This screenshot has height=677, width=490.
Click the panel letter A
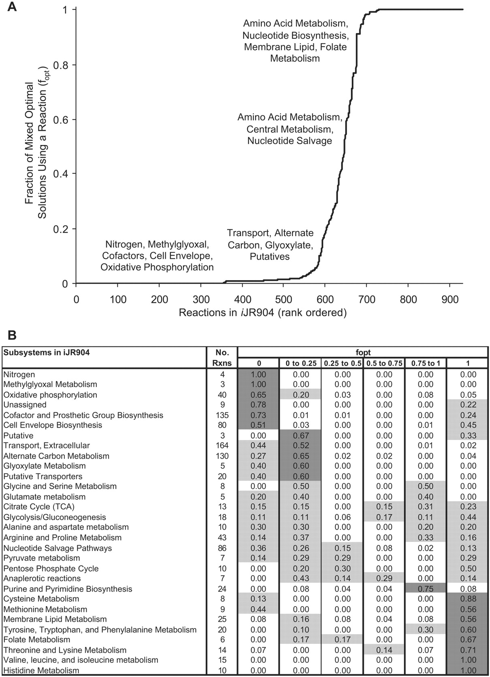(12, 6)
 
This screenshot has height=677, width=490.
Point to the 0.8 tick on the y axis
(74, 65)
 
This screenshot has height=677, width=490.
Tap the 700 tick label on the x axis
(366, 300)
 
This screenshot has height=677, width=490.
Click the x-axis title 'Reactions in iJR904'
(226, 313)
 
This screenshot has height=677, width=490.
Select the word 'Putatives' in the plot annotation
(270, 256)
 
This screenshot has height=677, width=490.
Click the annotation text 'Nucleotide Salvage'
(290, 141)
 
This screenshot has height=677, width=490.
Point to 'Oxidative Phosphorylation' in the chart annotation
(157, 267)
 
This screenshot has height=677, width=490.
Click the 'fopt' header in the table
(363, 352)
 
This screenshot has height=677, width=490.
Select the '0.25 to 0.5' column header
(343, 363)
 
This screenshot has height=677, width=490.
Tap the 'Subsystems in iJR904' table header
(46, 353)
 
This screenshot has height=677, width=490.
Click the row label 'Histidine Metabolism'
(41, 670)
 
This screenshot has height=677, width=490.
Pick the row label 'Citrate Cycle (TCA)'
(39, 507)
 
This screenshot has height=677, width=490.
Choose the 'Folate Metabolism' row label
(36, 639)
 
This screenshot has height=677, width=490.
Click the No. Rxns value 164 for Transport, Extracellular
(222, 446)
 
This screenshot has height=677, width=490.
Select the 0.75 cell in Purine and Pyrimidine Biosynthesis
(426, 589)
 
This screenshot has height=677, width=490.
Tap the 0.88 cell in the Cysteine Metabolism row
(468, 599)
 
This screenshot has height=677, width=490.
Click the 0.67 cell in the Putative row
(301, 436)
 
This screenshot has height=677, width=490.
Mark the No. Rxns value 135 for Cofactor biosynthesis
(222, 415)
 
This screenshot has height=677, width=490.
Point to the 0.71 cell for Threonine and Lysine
(468, 650)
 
